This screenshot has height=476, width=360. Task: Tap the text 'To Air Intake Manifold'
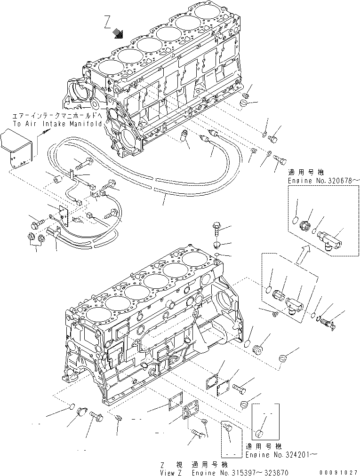coord(57,124)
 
